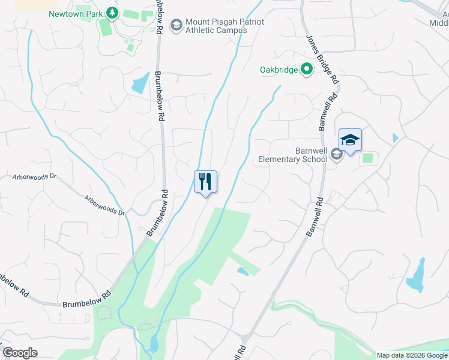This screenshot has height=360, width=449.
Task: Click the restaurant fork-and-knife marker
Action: pyautogui.click(x=205, y=182)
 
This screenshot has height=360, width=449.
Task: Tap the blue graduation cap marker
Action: pyautogui.click(x=350, y=140)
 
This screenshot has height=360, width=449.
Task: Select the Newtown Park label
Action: pyautogui.click(x=74, y=13)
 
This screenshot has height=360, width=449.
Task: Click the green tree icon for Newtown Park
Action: pyautogui.click(x=111, y=13)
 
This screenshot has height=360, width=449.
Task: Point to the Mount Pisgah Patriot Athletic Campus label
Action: pyautogui.click(x=224, y=26)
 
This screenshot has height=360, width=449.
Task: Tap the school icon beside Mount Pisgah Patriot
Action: pyautogui.click(x=176, y=25)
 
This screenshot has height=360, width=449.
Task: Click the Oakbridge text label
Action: pyautogui.click(x=279, y=70)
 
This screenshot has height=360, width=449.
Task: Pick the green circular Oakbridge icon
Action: pyautogui.click(x=307, y=70)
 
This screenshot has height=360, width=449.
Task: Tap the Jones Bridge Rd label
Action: pyautogui.click(x=322, y=59)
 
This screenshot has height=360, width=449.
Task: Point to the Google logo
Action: pyautogui.click(x=20, y=352)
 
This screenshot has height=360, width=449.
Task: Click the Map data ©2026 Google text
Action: pyautogui.click(x=412, y=355)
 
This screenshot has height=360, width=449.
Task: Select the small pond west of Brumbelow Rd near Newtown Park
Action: pyautogui.click(x=140, y=83)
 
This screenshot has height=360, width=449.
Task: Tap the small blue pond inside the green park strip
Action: pyautogui.click(x=243, y=272)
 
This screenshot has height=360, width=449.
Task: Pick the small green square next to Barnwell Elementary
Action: pyautogui.click(x=367, y=158)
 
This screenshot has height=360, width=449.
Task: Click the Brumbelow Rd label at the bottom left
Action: pyautogui.click(x=87, y=301)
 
